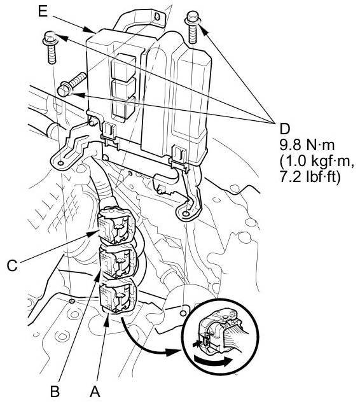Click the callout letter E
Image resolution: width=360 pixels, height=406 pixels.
coord(43,11)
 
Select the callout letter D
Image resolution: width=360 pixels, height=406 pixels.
coord(285,129)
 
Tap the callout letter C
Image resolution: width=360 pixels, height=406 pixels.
coord(12,265)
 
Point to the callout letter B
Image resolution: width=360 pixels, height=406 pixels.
coord(55,392)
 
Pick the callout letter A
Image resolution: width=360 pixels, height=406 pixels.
coord(95,391)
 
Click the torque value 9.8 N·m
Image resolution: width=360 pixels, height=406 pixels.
coord(307,145)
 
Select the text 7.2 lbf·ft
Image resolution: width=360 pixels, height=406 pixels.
coord(310,178)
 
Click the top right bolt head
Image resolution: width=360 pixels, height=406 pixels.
coord(192,17)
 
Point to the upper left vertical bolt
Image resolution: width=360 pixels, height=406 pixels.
coord(51,48)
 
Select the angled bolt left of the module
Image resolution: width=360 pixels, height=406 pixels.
coord(72,83)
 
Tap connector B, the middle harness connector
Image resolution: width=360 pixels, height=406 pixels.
coord(118,262)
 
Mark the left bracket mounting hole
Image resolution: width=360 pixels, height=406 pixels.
coord(60,163)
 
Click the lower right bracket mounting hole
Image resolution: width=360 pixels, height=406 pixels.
coord(185,214)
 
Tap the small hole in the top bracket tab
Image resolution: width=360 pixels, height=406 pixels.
coord(157,17)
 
